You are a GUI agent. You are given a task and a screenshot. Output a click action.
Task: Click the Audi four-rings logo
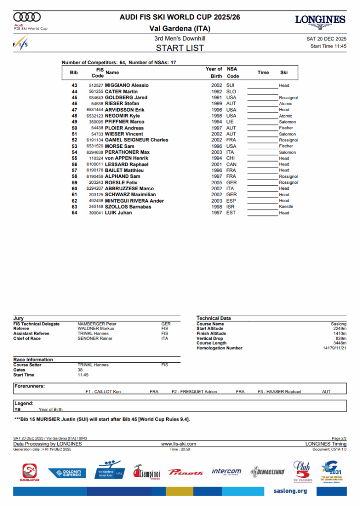(x=27, y=17)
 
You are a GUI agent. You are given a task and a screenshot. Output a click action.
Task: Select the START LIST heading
(x=180, y=48)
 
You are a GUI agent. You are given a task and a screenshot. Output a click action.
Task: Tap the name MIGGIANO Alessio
(x=127, y=85)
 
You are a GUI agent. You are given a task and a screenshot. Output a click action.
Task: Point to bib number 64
(x=74, y=213)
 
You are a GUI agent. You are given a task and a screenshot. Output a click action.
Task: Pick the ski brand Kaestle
(x=286, y=207)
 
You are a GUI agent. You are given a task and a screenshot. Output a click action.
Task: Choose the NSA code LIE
(x=231, y=122)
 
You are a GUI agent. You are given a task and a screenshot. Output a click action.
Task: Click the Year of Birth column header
(x=214, y=73)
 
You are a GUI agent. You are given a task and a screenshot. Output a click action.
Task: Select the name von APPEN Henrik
(x=126, y=158)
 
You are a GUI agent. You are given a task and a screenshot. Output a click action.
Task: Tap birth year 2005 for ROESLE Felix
(x=217, y=182)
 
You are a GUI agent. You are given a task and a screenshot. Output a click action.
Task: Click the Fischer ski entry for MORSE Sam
(x=286, y=146)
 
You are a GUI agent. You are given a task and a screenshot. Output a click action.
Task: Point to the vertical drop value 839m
(x=341, y=338)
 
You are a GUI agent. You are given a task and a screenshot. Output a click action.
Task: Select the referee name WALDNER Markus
(x=96, y=329)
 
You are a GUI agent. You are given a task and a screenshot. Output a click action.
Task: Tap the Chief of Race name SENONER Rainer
(x=95, y=338)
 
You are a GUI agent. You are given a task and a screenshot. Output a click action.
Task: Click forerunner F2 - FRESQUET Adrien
(x=194, y=392)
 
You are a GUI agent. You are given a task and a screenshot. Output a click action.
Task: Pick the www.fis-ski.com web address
(x=179, y=444)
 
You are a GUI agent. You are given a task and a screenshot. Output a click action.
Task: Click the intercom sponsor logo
(x=226, y=471)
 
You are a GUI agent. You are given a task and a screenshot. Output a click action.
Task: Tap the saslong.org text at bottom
(x=290, y=491)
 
